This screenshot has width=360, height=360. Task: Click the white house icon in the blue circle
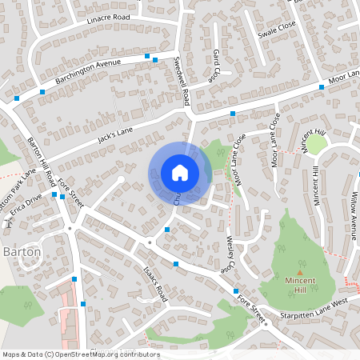tap(180, 172)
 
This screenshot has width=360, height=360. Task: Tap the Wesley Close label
tap(228, 253)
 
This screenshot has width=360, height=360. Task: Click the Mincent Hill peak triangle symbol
tap(300, 272)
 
